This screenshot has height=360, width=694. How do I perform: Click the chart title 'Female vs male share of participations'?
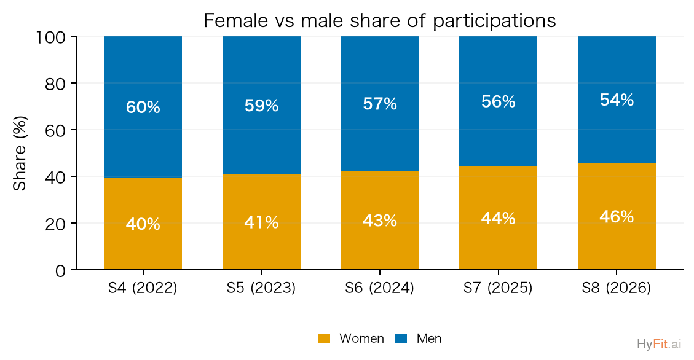(x=379, y=20)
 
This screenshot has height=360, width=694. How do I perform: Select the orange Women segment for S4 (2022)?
(x=143, y=224)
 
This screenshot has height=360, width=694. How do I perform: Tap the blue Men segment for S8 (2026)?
(x=617, y=100)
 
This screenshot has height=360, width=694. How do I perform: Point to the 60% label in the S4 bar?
(x=143, y=107)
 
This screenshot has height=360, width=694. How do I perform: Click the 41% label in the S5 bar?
(x=261, y=222)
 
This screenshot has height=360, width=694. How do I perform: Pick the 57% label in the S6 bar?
(x=380, y=103)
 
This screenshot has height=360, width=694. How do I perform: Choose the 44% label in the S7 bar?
(x=498, y=218)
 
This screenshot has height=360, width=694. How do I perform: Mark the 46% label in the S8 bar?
(x=617, y=216)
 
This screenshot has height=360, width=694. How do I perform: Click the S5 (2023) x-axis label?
(x=261, y=288)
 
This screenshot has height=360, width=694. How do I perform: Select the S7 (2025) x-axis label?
(x=498, y=288)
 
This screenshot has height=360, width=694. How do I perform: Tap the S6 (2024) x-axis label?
(x=380, y=288)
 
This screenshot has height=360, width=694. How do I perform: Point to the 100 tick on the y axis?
(x=50, y=37)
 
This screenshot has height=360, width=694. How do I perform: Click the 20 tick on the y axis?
(x=55, y=224)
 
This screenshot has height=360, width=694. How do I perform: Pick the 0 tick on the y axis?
(x=60, y=270)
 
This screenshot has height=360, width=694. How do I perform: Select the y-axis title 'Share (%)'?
(x=20, y=153)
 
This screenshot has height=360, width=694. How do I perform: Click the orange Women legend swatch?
(x=324, y=338)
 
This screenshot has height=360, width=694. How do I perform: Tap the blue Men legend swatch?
(x=401, y=338)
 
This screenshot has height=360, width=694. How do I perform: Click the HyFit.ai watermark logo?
(x=659, y=344)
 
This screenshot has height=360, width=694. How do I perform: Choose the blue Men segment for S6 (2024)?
(x=380, y=103)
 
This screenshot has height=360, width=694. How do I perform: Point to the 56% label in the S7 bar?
(x=498, y=102)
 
